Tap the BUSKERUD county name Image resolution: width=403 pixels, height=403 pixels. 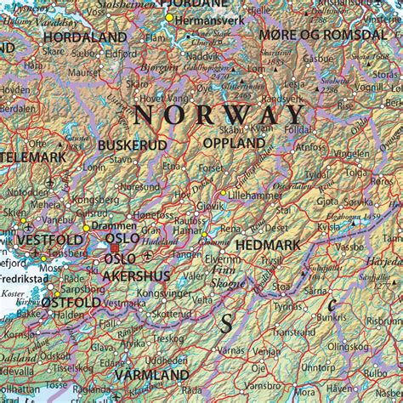click(x=132, y=145)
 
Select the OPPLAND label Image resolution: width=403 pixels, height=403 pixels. click(x=233, y=145)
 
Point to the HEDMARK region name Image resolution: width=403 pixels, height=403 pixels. click(x=267, y=245)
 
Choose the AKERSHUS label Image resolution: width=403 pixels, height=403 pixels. click(x=135, y=275)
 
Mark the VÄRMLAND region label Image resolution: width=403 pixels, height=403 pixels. click(x=151, y=375)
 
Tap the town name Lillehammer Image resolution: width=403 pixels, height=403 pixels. click(x=258, y=195)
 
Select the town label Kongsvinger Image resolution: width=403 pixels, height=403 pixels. click(x=167, y=293)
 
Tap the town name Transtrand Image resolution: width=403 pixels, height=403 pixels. click(x=294, y=332)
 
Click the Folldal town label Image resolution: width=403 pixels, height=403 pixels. click(x=296, y=129)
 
